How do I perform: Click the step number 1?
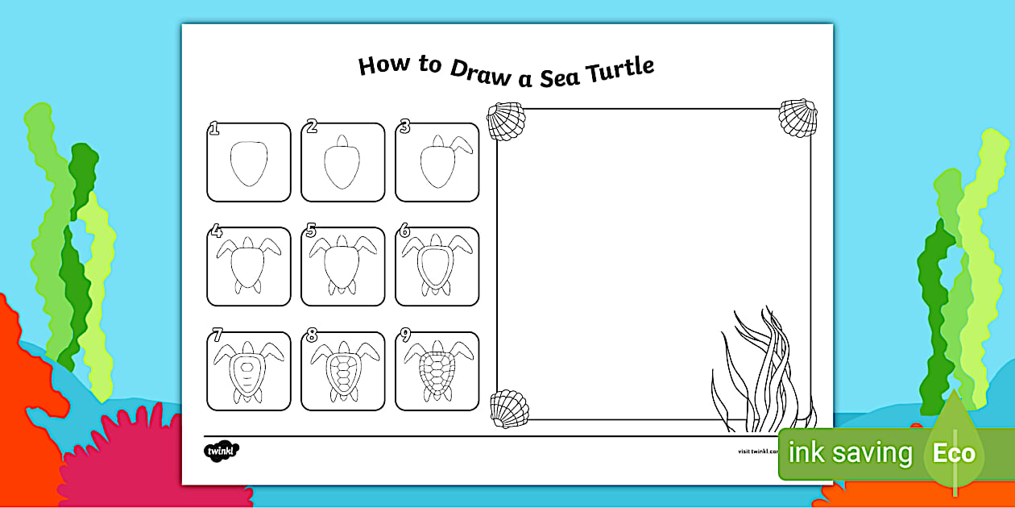point(214,127)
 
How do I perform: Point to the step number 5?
point(310,232)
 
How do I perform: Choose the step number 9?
point(405,336)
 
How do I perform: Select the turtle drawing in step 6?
point(437,266)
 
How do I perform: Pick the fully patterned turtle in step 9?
point(437,372)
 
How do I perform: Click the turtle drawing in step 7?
point(248,372)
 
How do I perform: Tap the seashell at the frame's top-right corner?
point(797,118)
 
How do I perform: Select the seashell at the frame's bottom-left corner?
point(508,409)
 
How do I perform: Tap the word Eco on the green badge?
point(954,453)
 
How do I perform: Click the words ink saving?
point(850,453)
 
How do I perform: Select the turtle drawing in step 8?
point(342,372)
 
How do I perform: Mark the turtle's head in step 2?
point(342,141)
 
